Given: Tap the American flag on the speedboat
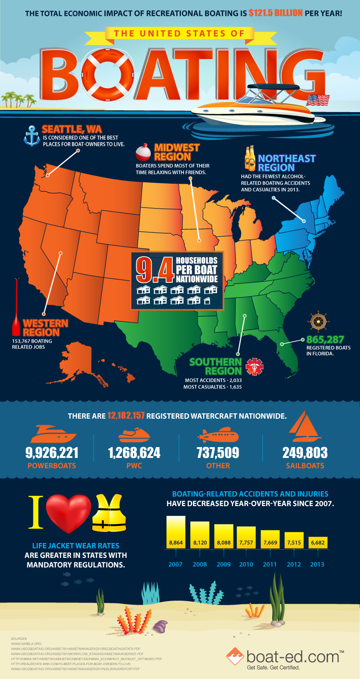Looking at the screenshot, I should (318, 100).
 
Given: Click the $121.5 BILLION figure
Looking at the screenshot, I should (275, 13).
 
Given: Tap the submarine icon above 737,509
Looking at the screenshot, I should (217, 435).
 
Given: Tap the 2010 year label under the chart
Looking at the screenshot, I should (246, 564).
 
